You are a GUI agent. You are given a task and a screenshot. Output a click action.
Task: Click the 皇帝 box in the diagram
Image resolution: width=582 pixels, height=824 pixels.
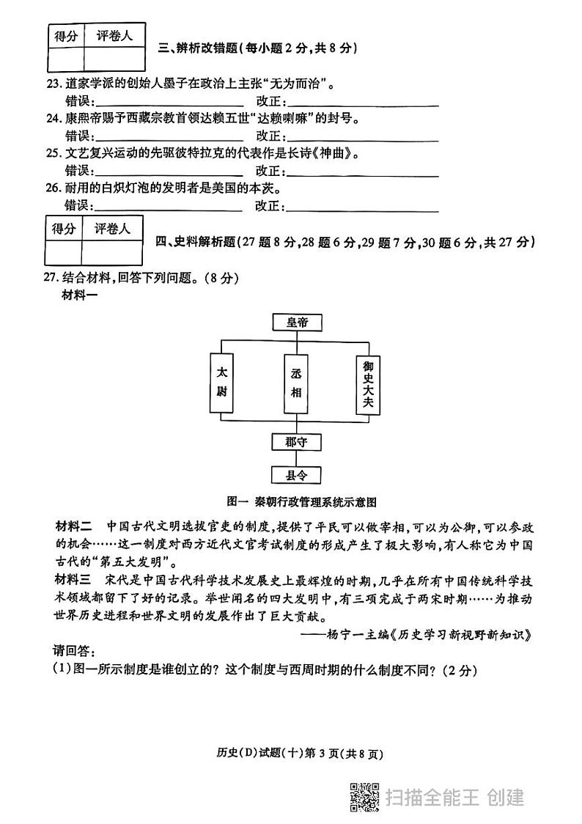(295, 321)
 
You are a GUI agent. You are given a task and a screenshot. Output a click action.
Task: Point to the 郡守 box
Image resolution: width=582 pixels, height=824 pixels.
(295, 442)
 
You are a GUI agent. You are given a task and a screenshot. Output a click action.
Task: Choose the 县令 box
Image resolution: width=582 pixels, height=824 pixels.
(295, 475)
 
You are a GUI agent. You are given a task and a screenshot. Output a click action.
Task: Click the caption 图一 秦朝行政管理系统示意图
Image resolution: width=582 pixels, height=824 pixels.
(301, 502)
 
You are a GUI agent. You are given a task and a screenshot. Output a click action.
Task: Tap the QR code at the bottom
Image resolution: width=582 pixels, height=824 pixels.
(363, 798)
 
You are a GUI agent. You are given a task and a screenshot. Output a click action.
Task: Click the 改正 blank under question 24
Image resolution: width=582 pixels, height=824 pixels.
(363, 136)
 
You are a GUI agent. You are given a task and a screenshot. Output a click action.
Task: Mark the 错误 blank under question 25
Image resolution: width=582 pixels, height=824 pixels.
(170, 172)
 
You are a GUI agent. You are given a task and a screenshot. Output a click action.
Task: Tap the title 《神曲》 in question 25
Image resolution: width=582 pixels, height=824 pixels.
(339, 154)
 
